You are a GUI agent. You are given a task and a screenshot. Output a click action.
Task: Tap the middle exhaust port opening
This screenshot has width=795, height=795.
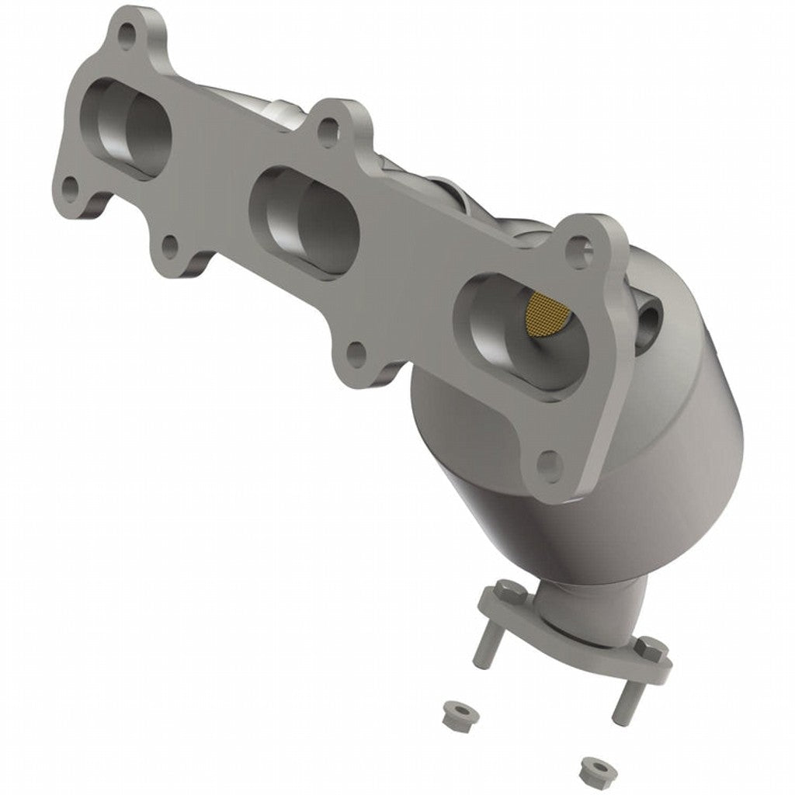[x=305, y=217]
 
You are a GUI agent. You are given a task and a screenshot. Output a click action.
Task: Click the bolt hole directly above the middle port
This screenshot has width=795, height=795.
[x=328, y=132]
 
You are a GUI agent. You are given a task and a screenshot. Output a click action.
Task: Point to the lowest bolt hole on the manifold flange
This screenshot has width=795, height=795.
[x=550, y=464]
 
